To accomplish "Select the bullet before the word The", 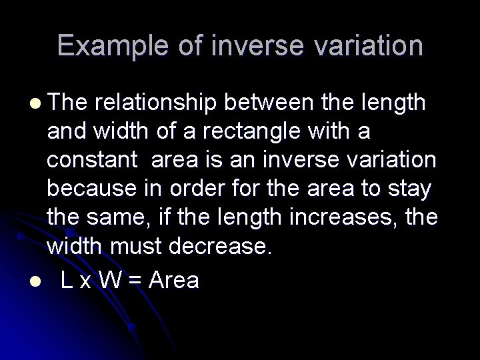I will pos(34,104).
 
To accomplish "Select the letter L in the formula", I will pos(67,280).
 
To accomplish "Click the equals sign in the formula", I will pos(135,281).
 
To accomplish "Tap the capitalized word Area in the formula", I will pos(173,280).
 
